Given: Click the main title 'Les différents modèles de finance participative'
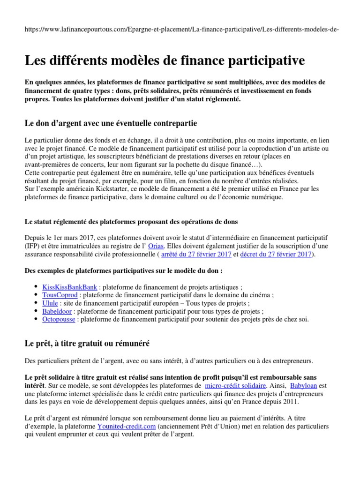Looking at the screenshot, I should coord(165,60).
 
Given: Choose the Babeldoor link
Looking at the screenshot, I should coord(57,311).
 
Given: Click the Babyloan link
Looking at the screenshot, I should coord(304,385).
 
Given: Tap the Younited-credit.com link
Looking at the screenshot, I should coord(126,426).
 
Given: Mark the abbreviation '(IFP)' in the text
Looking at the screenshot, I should coord(33,246).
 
